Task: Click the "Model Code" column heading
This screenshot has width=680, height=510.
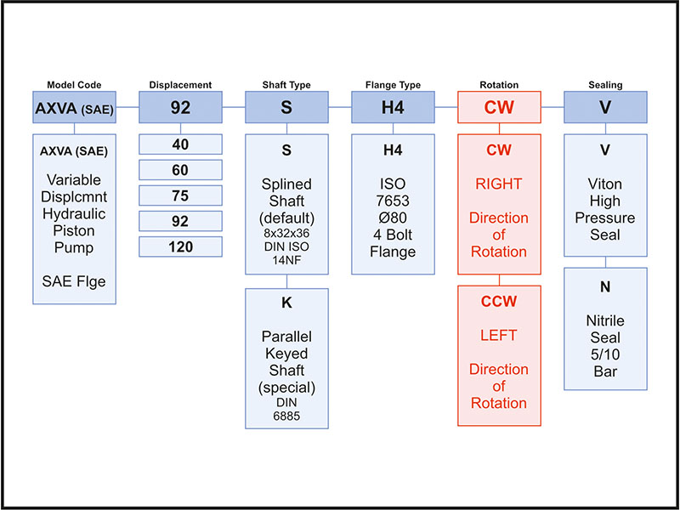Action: click(74, 85)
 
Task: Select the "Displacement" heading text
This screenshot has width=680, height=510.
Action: click(180, 85)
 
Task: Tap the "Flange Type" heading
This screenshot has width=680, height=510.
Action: click(393, 85)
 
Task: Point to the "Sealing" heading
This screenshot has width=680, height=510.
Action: click(605, 85)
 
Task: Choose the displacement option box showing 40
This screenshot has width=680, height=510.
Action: click(180, 144)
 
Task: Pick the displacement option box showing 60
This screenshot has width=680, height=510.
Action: click(180, 170)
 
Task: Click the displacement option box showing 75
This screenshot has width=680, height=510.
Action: click(180, 195)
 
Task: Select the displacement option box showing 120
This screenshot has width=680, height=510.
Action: click(180, 247)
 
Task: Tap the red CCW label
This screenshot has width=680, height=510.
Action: click(500, 302)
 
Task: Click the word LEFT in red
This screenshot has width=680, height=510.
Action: click(500, 336)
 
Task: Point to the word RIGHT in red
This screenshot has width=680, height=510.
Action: click(500, 184)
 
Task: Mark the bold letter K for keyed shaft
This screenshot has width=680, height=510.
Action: click(286, 302)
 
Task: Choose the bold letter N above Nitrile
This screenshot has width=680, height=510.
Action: click(605, 286)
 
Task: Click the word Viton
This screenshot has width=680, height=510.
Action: click(605, 184)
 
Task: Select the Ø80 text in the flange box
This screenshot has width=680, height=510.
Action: click(393, 218)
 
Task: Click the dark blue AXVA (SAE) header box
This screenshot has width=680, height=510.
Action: click(74, 108)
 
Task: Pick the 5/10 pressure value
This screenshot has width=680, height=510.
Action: click(605, 354)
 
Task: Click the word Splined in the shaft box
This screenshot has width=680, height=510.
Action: click(286, 184)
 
